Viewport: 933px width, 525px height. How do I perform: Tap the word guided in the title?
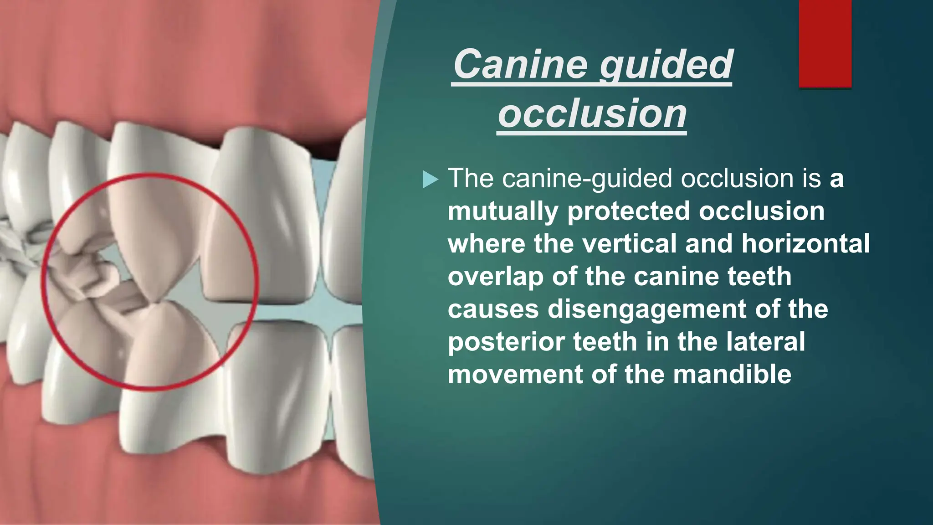666,65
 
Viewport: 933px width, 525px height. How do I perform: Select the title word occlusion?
592,114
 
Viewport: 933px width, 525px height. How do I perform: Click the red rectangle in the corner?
825,44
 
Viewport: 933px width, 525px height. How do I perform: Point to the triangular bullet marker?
430,179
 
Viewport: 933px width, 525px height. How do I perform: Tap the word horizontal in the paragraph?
805,244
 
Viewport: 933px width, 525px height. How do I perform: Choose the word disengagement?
647,309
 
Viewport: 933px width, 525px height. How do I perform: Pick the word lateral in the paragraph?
765,342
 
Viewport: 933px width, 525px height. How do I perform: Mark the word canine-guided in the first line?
587,178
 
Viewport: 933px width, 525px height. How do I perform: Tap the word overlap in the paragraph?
495,277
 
